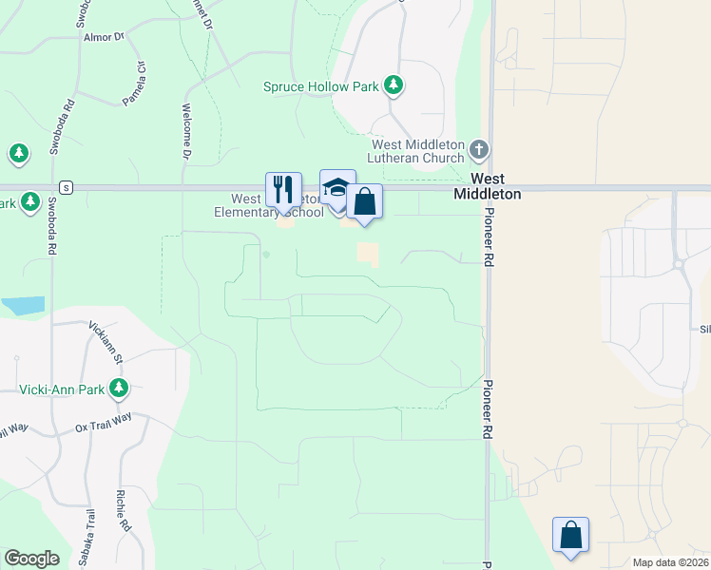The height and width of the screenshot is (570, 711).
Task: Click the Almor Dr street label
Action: click(x=105, y=36)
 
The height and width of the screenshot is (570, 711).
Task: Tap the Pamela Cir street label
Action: click(x=133, y=83)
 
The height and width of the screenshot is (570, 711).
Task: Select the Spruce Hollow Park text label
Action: click(x=322, y=86)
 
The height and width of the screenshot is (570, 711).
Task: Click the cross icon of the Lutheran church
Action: click(x=479, y=149)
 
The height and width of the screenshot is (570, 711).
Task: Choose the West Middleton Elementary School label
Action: click(x=269, y=206)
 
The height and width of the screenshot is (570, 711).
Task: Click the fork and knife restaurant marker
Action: click(x=283, y=190)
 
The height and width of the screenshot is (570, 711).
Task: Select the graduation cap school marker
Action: click(x=337, y=187)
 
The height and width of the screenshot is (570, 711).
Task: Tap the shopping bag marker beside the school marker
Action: click(x=364, y=201)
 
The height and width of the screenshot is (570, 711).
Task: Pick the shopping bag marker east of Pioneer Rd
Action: click(x=570, y=535)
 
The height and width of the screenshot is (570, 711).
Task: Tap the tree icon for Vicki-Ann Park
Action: click(x=119, y=388)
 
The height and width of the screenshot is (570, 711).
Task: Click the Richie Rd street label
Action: click(x=123, y=510)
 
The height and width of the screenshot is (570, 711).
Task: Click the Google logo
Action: click(x=31, y=559)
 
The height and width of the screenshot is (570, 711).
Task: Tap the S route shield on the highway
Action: click(x=65, y=187)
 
